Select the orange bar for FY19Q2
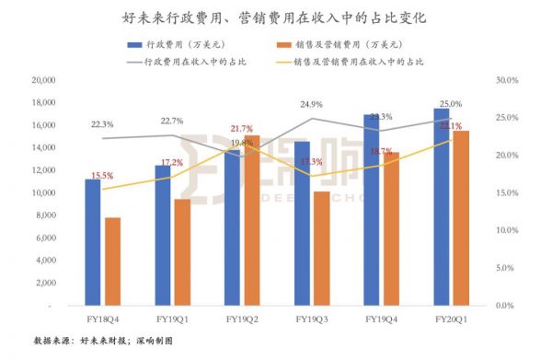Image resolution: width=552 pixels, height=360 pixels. [251, 220]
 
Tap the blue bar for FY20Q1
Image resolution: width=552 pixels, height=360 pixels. [442, 206]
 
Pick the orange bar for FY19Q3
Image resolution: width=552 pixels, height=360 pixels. [322, 248]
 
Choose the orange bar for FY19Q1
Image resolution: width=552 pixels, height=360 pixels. [182, 251]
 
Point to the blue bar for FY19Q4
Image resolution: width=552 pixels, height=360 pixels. [372, 210]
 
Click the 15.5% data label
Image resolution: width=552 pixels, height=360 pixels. [103, 176]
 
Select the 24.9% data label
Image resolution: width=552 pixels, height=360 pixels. [309, 104]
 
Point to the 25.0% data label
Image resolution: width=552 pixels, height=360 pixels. [451, 104]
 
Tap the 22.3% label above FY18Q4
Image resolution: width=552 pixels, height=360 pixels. [102, 124]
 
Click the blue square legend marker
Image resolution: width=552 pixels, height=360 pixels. [126, 45]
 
